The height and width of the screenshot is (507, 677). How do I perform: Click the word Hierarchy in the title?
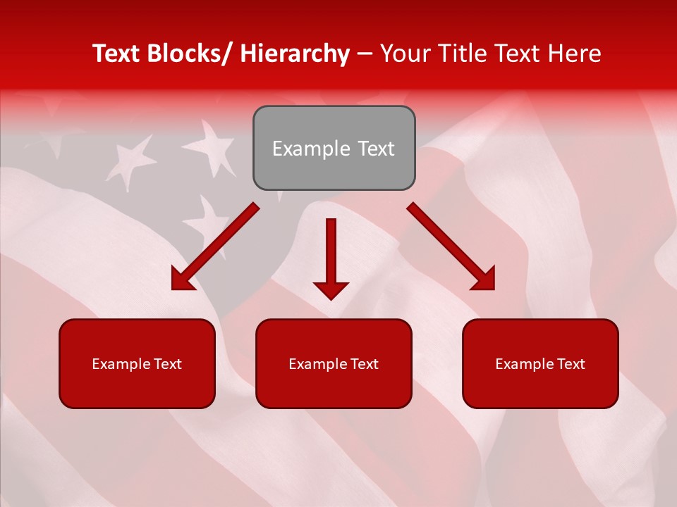294,54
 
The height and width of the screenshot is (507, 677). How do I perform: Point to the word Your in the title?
403,54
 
